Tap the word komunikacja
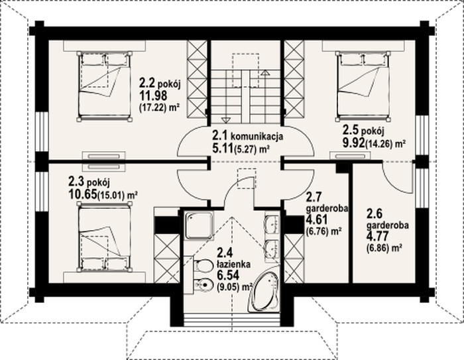257,137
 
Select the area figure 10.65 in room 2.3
83,194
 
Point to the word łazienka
233,264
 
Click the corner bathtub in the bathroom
265,289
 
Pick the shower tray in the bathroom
199,225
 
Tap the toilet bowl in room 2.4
202,266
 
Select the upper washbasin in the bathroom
272,224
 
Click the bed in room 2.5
362,86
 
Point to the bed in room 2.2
104,86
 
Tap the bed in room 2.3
104,237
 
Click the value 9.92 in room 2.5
353,143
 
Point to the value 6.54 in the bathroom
228,275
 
